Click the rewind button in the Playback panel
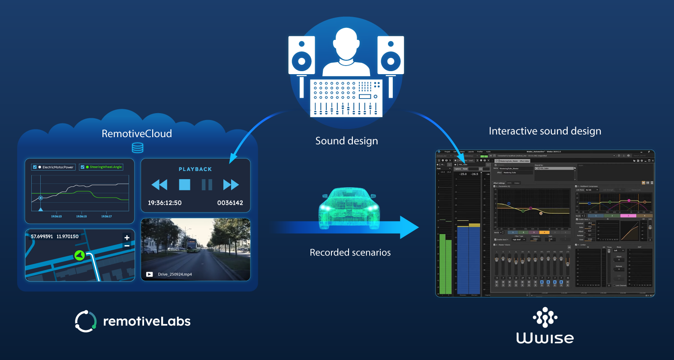coord(159,185)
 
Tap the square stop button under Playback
coord(184,185)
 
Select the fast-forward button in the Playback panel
coord(231,185)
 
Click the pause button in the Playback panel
coord(207,185)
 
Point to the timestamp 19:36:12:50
coord(165,203)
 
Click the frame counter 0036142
coord(230,203)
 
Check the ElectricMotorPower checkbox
coord(35,167)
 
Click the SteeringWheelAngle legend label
coord(105,167)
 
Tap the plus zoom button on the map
coord(127,237)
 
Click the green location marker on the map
coord(79,255)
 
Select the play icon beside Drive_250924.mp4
coord(149,274)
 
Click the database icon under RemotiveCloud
coord(138,148)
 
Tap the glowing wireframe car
coord(349,208)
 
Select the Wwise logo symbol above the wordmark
coord(545,318)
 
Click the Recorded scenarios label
coord(350,252)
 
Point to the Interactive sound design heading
coord(545,131)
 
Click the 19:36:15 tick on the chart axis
coord(81,216)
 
